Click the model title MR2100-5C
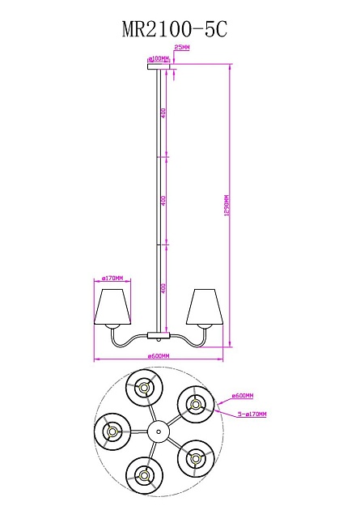[175, 30]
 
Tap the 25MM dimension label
[182, 49]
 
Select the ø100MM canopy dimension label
[159, 59]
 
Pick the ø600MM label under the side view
[159, 356]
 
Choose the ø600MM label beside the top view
[243, 396]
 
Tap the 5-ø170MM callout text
[252, 414]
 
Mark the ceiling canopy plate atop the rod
[159, 66]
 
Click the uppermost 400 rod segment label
[163, 113]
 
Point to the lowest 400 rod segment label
[163, 287]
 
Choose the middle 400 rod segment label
[163, 199]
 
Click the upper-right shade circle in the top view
[193, 402]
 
